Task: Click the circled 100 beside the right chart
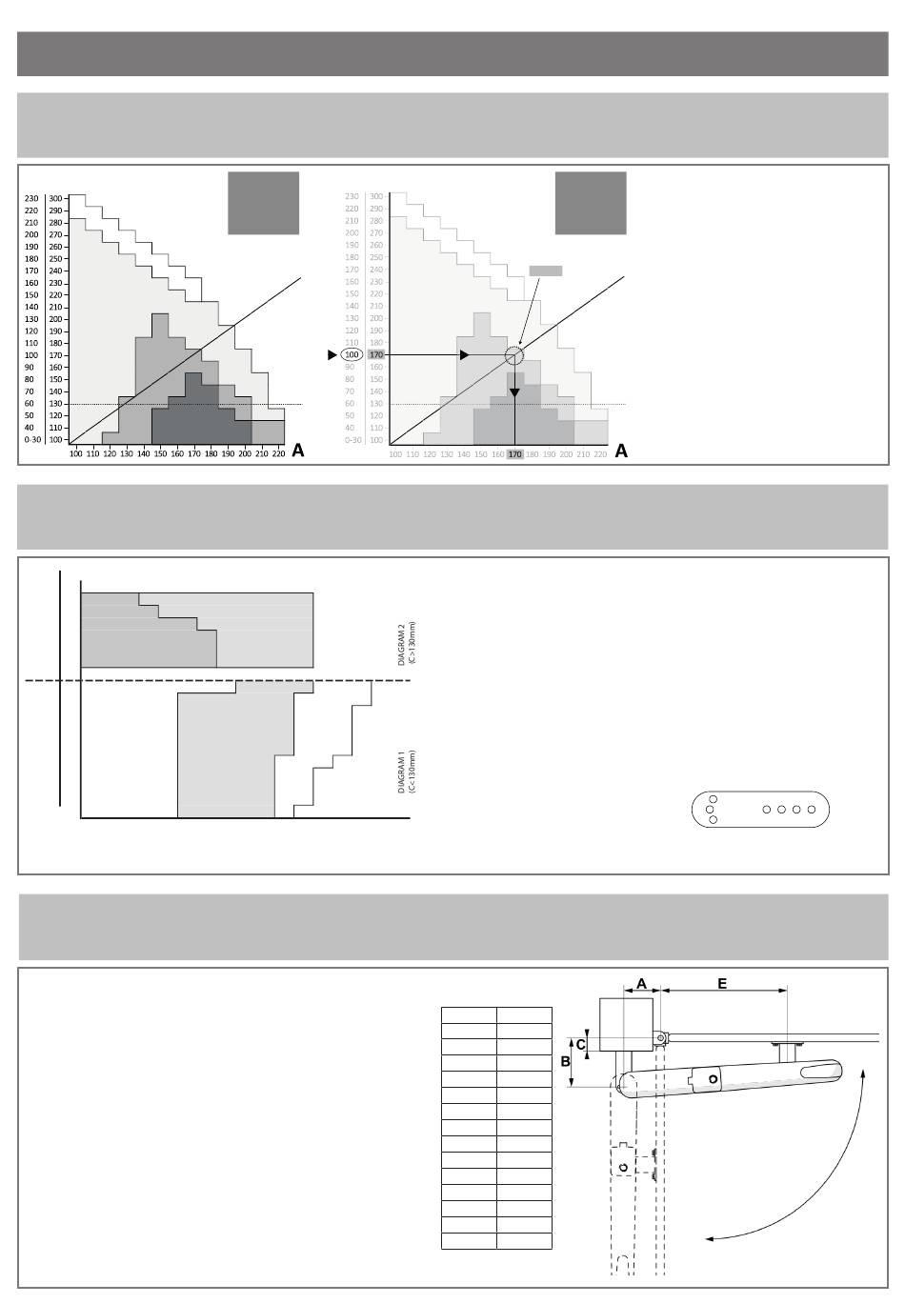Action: (x=352, y=355)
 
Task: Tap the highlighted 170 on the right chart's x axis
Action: (x=514, y=454)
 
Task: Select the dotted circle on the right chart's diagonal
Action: (x=514, y=355)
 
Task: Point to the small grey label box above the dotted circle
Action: (x=546, y=271)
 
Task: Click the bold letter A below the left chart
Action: (x=298, y=451)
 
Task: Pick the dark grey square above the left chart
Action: (x=264, y=203)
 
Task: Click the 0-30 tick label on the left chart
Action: (x=33, y=440)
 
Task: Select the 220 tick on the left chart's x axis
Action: (x=278, y=454)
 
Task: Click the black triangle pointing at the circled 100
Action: (x=332, y=355)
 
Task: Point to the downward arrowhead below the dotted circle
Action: (x=514, y=392)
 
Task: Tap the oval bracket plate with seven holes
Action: (x=760, y=810)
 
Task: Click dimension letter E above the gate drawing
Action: (x=722, y=983)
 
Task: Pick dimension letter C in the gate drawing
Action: (x=581, y=1043)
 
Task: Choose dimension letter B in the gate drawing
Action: (x=565, y=1061)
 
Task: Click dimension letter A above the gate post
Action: (x=641, y=983)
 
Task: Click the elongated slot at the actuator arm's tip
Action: (x=820, y=1073)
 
